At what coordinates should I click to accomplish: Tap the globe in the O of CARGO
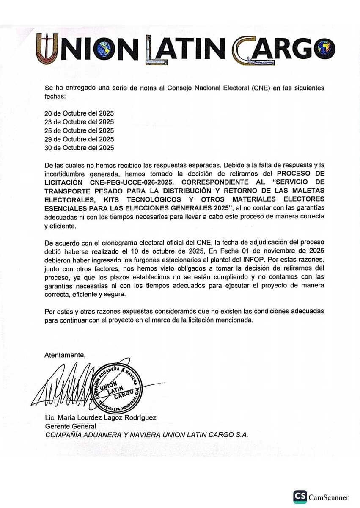point(326,47)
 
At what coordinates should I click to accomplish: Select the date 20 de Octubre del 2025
point(79,113)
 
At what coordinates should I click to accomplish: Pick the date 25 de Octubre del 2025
point(79,130)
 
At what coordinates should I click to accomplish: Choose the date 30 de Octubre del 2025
point(79,148)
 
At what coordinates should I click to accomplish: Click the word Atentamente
point(65,355)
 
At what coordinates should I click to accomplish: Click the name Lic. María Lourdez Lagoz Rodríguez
point(101,417)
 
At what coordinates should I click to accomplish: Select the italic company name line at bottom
point(146,435)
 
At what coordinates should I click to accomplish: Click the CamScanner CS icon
point(300,497)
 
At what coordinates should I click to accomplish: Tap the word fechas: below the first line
point(55,97)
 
